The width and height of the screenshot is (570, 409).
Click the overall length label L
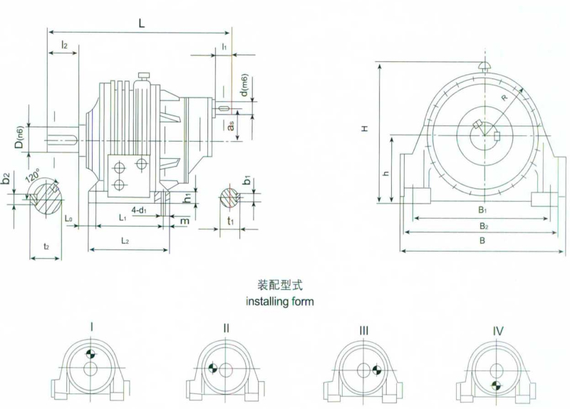141,24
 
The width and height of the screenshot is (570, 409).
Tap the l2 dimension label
64,45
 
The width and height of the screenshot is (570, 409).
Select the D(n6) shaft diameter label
19,138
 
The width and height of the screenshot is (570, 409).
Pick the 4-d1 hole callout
139,209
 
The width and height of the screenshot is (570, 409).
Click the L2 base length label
125,241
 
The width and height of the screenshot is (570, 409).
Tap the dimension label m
185,221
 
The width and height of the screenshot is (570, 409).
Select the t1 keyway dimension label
230,221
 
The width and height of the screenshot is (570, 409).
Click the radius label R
504,98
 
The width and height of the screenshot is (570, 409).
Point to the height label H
365,128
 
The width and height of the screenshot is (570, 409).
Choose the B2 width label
484,227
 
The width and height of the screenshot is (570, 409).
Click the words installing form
280,301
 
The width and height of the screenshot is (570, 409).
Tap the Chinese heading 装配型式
280,286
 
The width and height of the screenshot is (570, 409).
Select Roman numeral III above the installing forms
363,331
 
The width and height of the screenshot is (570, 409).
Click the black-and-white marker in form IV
495,385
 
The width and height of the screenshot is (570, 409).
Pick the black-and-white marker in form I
90,353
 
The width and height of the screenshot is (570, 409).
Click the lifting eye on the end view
485,66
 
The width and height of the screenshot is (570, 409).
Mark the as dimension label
230,126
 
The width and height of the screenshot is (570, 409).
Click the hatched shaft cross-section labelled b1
229,198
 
